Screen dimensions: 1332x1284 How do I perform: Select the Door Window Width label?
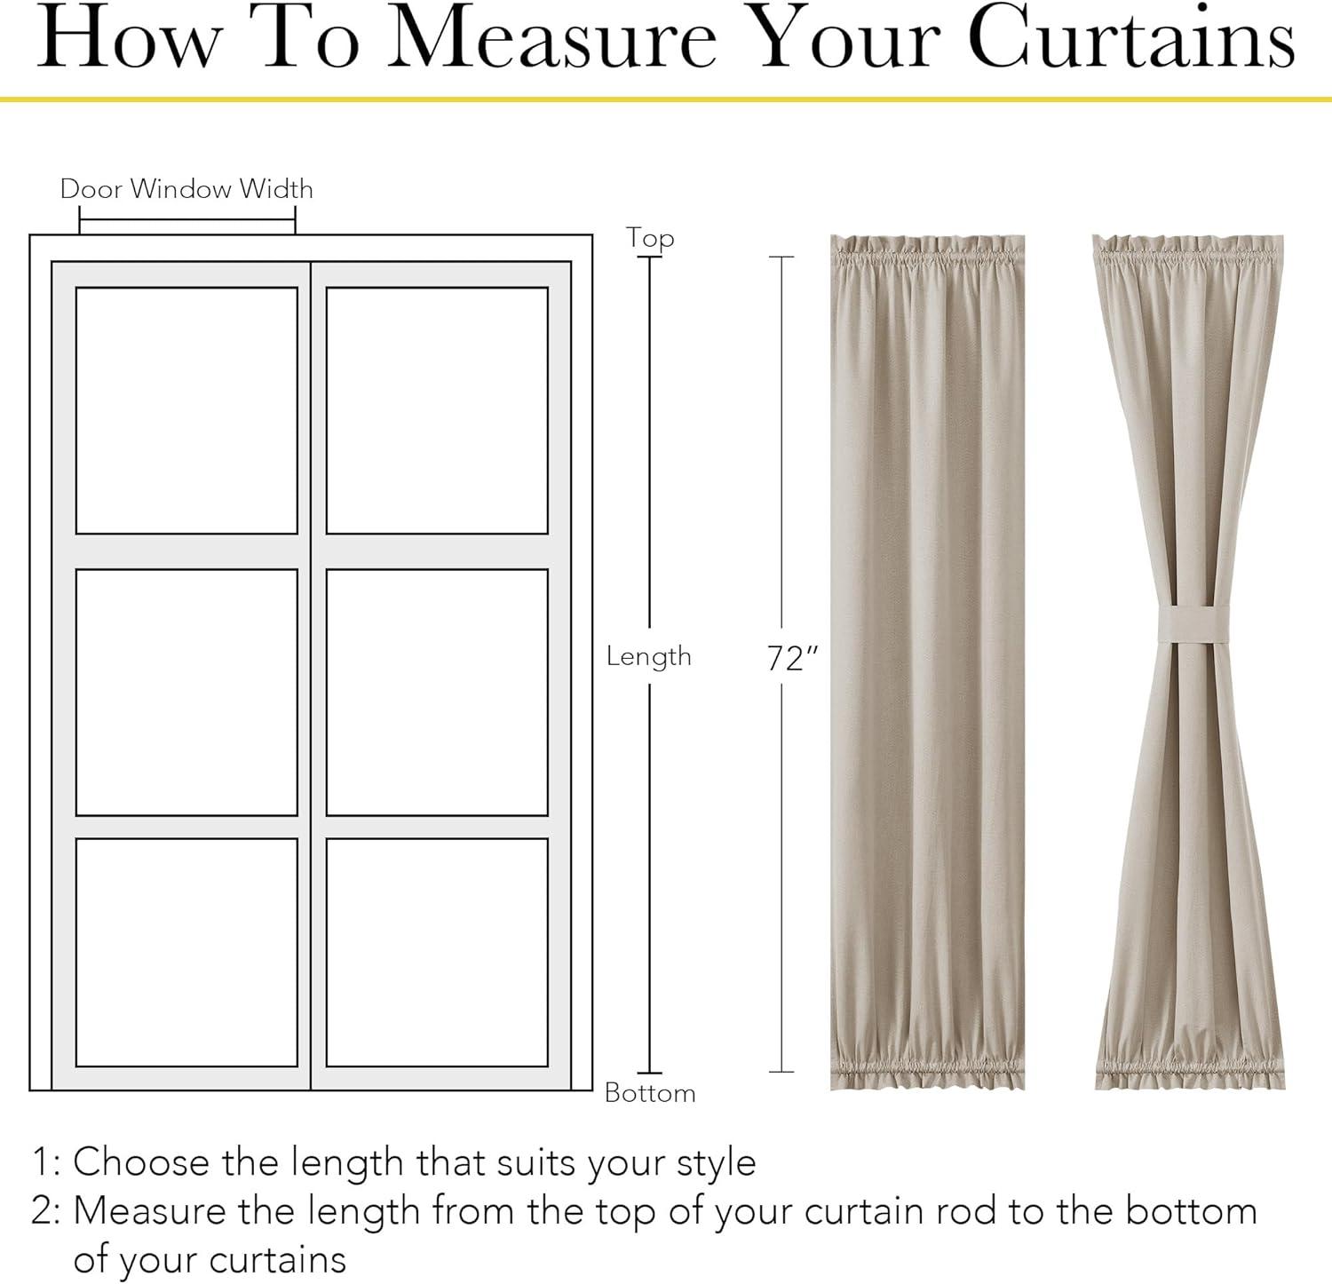pyautogui.click(x=186, y=188)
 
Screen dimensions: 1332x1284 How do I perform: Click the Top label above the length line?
pyautogui.click(x=650, y=238)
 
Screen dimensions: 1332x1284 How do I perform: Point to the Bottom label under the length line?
pyautogui.click(x=650, y=1092)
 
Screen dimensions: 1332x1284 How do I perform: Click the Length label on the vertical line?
pyautogui.click(x=649, y=656)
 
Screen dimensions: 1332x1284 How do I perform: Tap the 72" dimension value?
pyautogui.click(x=792, y=658)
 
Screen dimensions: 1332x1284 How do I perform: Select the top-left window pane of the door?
pyautogui.click(x=186, y=410)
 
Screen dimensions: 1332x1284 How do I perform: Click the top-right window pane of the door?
pyautogui.click(x=437, y=410)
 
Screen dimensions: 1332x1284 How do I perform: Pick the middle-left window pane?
pyautogui.click(x=186, y=693)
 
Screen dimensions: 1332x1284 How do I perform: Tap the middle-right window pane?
pyautogui.click(x=437, y=693)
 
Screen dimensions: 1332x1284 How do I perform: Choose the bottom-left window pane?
pyautogui.click(x=186, y=953)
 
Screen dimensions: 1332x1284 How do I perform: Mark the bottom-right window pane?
pyautogui.click(x=437, y=953)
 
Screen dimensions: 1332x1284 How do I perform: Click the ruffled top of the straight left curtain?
pyautogui.click(x=927, y=253)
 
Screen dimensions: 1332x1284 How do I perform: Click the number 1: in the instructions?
pyautogui.click(x=46, y=1162)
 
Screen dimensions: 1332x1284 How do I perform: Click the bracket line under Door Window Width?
pyautogui.click(x=187, y=221)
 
